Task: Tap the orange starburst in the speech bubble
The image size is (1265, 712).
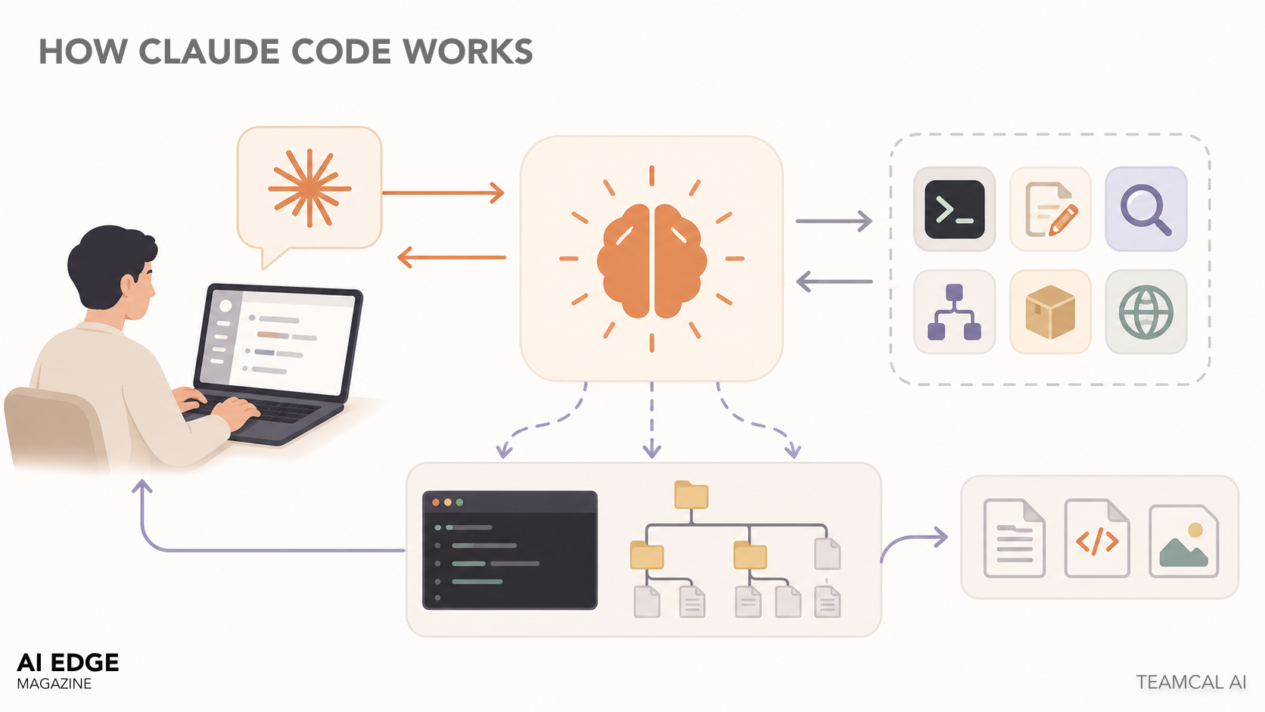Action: (x=309, y=188)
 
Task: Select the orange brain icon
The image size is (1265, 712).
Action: (x=651, y=260)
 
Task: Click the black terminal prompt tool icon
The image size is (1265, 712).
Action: (x=954, y=210)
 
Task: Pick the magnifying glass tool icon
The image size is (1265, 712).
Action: (x=1145, y=210)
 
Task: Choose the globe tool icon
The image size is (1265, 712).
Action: (x=1145, y=312)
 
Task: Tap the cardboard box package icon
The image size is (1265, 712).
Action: (x=1050, y=312)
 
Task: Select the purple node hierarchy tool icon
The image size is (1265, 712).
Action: (x=954, y=312)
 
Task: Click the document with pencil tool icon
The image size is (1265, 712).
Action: (x=1050, y=210)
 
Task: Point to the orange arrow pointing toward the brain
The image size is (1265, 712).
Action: (x=443, y=193)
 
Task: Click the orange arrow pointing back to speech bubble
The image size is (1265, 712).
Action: (x=451, y=257)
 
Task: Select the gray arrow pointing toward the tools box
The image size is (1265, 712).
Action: (x=834, y=222)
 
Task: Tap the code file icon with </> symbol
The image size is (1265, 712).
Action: (x=1097, y=539)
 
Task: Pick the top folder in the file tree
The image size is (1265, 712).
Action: (x=691, y=495)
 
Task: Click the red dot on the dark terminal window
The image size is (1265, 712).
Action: (x=436, y=502)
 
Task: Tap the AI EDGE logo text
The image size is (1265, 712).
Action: (x=68, y=663)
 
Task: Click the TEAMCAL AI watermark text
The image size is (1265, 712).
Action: (x=1191, y=682)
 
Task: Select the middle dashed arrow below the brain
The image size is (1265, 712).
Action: (x=651, y=420)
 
